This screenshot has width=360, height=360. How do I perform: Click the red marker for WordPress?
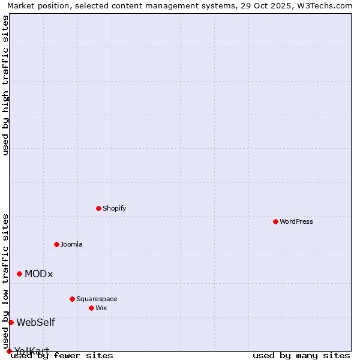click(275, 221)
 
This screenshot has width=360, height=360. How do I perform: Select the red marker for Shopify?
click(98, 208)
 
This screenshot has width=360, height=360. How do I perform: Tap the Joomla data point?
click(56, 244)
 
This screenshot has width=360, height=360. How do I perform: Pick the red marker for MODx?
click(19, 274)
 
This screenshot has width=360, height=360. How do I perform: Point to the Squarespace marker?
click(72, 299)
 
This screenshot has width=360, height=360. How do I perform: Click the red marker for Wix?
click(91, 308)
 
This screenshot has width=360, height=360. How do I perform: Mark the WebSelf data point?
click(11, 322)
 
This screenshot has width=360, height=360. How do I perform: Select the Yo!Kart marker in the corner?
click(9, 351)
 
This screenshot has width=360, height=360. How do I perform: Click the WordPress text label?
click(296, 221)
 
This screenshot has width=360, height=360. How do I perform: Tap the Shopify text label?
click(114, 208)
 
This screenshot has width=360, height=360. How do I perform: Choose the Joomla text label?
click(71, 244)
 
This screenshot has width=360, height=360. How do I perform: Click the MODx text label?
click(38, 274)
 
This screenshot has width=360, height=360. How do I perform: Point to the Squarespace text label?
click(97, 299)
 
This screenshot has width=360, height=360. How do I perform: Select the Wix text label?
click(101, 308)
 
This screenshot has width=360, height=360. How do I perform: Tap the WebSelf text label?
click(35, 322)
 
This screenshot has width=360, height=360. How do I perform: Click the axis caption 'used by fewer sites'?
click(62, 355)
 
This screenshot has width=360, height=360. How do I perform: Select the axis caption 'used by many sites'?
click(301, 355)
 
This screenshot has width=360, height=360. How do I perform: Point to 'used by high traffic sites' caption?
click(5, 85)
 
